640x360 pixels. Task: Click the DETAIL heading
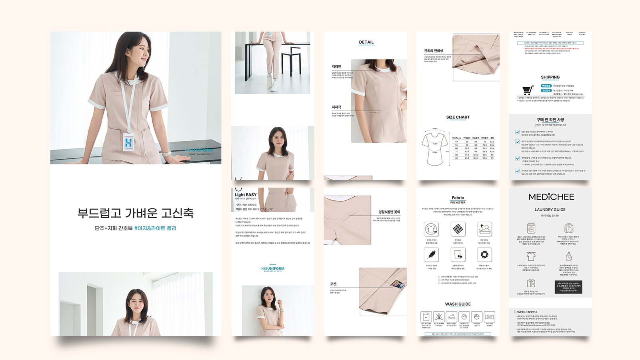click(366, 42)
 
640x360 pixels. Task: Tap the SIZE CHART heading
click(458, 117)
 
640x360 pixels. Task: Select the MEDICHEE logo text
click(551, 197)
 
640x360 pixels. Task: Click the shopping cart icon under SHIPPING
click(528, 90)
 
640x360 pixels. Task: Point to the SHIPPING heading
click(550, 77)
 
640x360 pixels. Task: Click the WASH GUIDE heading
click(458, 304)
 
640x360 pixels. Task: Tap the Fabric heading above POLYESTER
click(458, 198)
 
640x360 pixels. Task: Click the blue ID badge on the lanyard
click(128, 142)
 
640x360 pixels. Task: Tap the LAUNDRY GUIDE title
click(550, 210)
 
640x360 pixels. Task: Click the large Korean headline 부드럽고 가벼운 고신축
click(136, 213)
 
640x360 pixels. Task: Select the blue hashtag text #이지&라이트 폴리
click(155, 228)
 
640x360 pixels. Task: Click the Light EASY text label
click(246, 195)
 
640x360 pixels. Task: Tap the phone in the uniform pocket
click(397, 284)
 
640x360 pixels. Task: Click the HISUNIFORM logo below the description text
click(273, 268)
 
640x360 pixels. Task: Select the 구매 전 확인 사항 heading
click(550, 120)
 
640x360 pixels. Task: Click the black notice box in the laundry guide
click(568, 287)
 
